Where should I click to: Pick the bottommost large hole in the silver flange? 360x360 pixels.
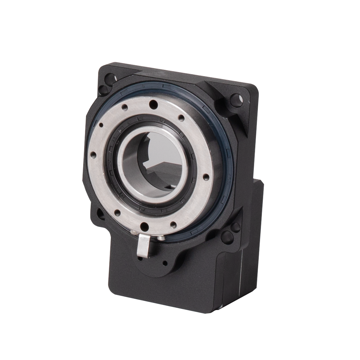pyautogui.click(x=144, y=226)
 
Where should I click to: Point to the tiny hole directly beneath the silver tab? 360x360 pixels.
pyautogui.click(x=139, y=258)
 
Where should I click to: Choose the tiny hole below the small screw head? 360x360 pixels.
pyautogui.click(x=164, y=263)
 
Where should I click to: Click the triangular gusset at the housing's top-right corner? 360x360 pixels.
pyautogui.click(x=230, y=108)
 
